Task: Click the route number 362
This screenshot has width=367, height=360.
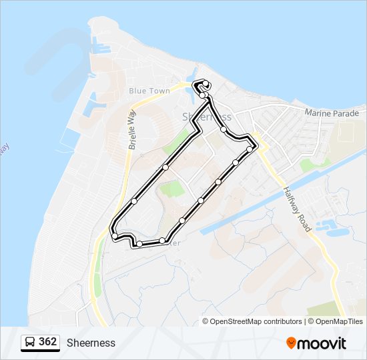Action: click(x=47, y=342)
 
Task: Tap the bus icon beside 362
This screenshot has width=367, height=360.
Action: click(x=30, y=343)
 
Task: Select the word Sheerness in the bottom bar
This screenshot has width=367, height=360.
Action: click(x=91, y=343)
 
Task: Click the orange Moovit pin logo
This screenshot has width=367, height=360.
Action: click(x=291, y=343)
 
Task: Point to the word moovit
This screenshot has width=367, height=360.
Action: click(x=322, y=343)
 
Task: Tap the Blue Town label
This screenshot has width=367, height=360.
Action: click(x=149, y=91)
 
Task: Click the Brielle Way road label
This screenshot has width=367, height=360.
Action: click(x=131, y=128)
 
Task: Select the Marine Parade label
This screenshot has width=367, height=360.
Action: click(x=332, y=113)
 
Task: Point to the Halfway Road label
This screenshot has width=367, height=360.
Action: click(x=298, y=209)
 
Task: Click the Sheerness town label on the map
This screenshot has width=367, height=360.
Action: click(x=206, y=117)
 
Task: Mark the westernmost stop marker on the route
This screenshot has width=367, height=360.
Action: click(x=115, y=236)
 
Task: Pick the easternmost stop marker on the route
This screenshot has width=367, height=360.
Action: click(x=250, y=149)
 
